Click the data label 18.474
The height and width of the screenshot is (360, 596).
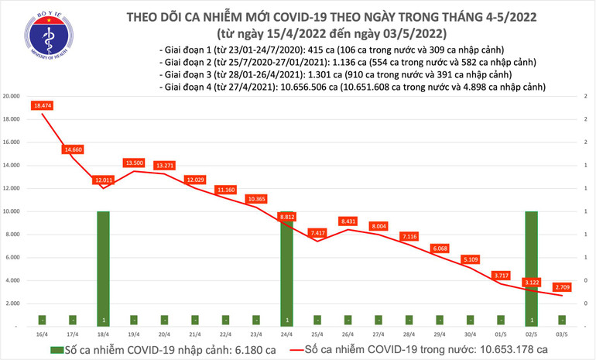click(x=42, y=105)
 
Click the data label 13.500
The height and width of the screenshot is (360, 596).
click(x=133, y=163)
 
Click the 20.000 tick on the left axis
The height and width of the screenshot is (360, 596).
click(x=11, y=97)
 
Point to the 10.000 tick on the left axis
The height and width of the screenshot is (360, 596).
click(x=11, y=211)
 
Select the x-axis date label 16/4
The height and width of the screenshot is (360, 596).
click(x=42, y=334)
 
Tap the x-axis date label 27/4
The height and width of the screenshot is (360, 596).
click(x=378, y=334)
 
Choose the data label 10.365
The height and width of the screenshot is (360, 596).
click(x=255, y=199)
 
